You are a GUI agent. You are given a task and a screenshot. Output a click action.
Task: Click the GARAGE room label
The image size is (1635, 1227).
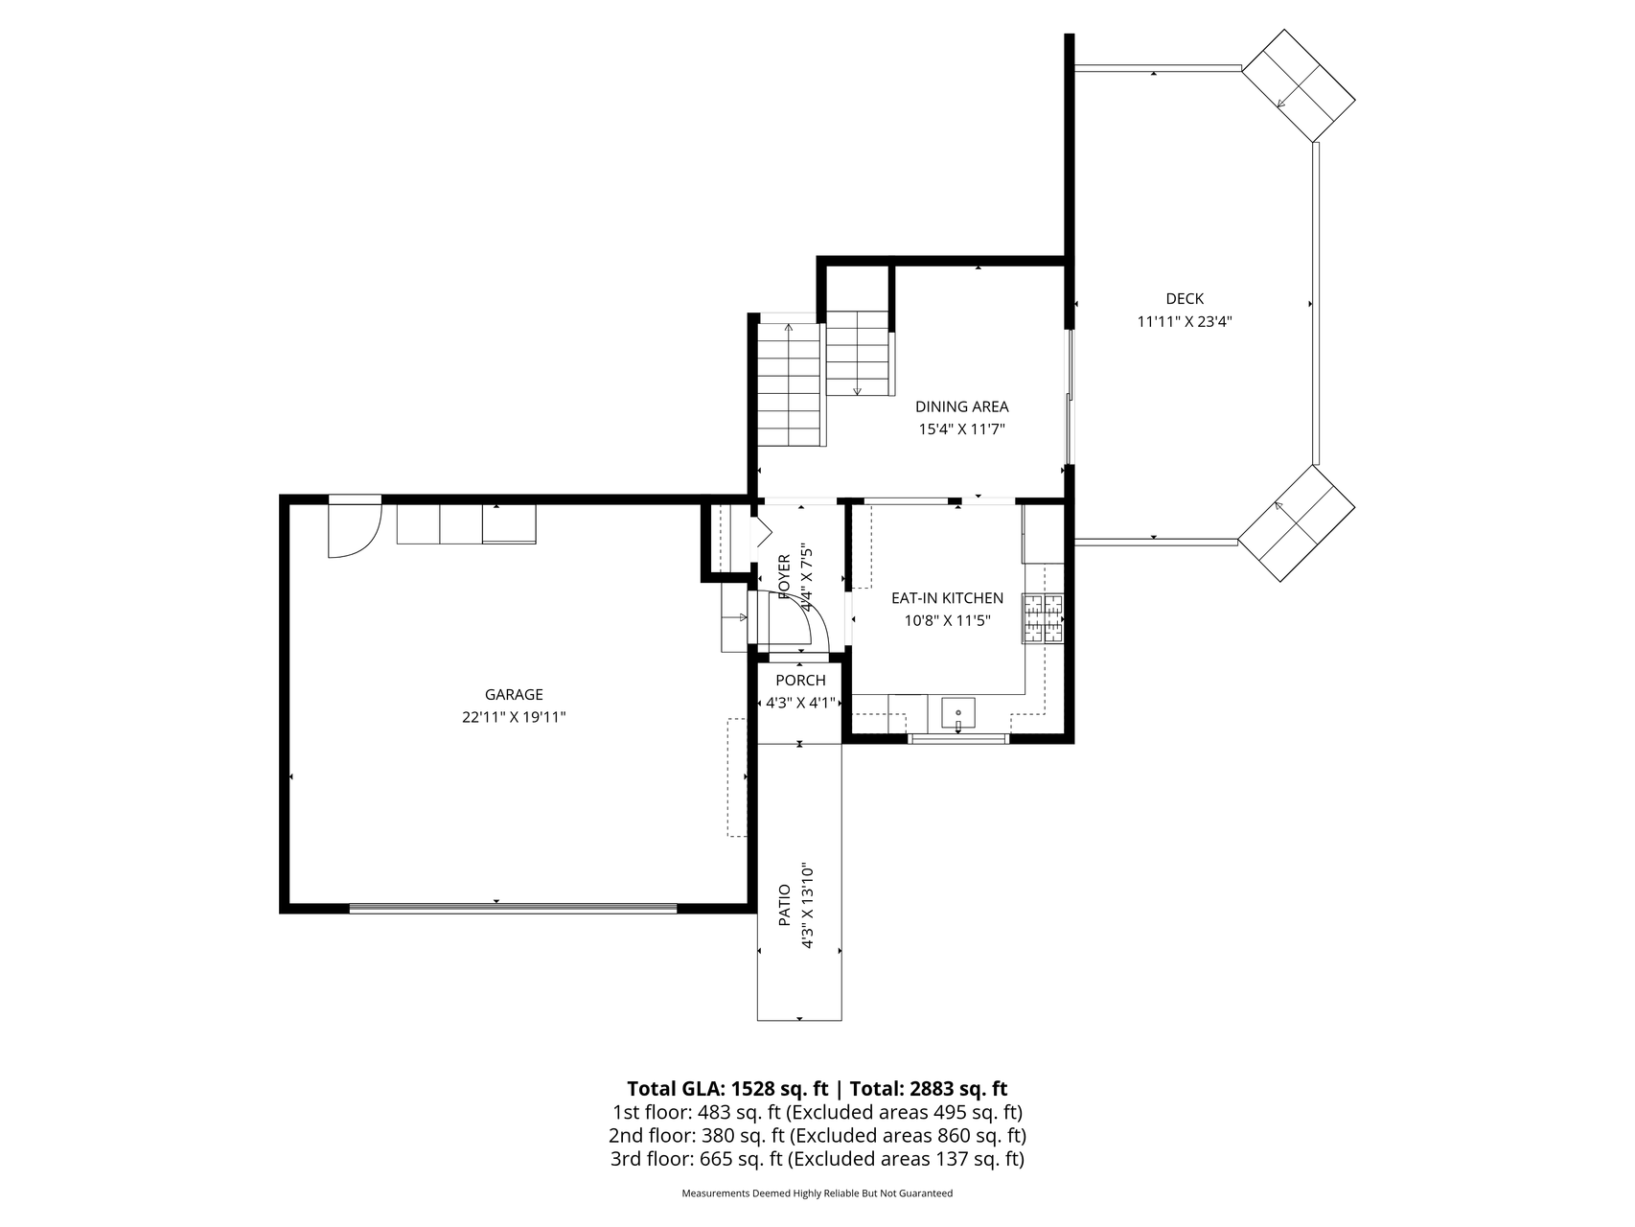(514, 695)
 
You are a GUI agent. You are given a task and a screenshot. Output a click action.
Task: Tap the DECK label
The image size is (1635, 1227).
(1185, 299)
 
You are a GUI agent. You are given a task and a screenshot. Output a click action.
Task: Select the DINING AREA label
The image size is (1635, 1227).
(961, 406)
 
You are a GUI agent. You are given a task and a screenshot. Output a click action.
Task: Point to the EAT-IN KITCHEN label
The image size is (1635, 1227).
(947, 598)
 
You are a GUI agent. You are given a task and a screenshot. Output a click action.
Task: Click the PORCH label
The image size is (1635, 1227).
(800, 681)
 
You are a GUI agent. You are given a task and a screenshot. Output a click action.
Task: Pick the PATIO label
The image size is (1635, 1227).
(784, 905)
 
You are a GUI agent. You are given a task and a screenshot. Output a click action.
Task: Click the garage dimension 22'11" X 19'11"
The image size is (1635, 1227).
(514, 718)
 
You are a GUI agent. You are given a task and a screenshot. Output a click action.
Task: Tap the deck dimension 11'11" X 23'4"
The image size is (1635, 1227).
(1185, 322)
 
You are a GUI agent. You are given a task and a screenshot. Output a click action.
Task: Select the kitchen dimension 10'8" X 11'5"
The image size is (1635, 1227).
(947, 621)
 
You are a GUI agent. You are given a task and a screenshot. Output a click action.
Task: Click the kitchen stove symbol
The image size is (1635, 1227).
(1043, 618)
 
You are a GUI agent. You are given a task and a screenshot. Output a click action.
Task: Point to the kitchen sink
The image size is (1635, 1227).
(958, 714)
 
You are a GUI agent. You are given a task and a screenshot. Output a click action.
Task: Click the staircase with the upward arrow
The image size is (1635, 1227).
(790, 383)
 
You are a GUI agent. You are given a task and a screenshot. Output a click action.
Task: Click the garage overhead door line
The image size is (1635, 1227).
(513, 908)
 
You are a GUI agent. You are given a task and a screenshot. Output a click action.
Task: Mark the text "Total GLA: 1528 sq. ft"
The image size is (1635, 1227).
(726, 1089)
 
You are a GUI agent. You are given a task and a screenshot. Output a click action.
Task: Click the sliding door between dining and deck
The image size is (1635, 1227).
(1070, 398)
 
